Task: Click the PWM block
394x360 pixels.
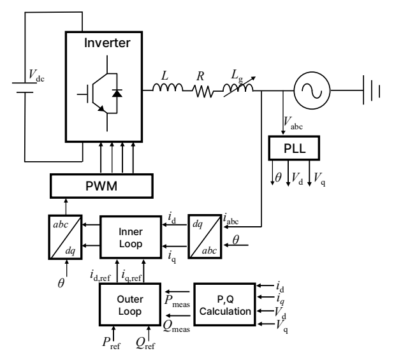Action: coord(101,186)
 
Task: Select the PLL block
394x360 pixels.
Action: coord(294,148)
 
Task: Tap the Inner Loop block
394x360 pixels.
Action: coord(131,237)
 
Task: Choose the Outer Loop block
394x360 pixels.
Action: coord(130,305)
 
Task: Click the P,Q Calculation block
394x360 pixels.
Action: coord(225,305)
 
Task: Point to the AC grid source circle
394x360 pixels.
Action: coord(312,90)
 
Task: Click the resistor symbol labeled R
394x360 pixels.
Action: coord(203,91)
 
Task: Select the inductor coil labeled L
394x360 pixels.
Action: coord(168,87)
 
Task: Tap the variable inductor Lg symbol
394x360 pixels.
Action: coord(238,87)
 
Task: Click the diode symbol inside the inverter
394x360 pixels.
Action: coord(117,93)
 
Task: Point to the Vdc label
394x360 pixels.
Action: coord(36,75)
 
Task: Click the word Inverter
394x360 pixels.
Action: coord(107,43)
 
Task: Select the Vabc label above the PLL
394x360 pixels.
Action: coord(293,123)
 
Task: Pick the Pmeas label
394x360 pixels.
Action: coord(177,301)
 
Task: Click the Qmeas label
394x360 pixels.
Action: coord(177,327)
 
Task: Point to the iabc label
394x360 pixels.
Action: coord(231,219)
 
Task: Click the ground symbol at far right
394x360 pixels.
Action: coord(372,90)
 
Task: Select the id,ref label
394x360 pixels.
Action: coord(100,276)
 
